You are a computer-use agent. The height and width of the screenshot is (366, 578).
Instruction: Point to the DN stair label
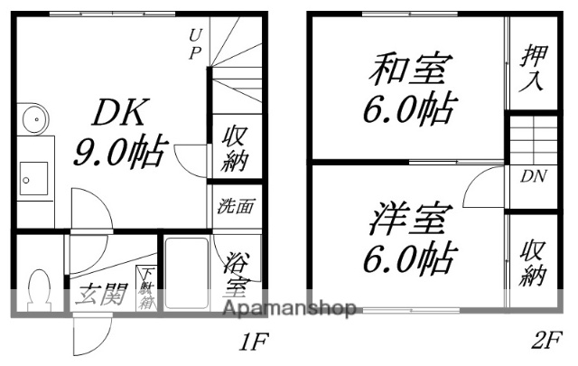(531, 176)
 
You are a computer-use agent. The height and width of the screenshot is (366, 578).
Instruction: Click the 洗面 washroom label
(233, 205)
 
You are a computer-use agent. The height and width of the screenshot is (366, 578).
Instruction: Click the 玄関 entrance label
(99, 294)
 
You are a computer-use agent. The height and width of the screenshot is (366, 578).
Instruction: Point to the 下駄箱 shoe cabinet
(146, 288)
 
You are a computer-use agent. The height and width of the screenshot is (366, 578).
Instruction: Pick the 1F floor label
(252, 343)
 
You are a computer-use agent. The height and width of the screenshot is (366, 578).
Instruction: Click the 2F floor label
(545, 343)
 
